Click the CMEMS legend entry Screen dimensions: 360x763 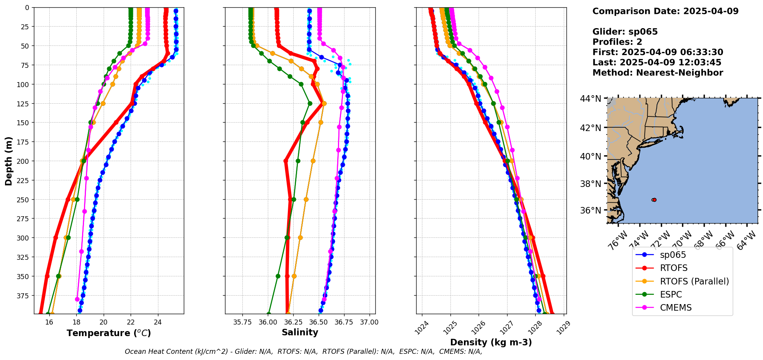tap(676, 308)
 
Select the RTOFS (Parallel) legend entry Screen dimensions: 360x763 tap(694, 281)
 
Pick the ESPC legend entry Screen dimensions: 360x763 tap(671, 294)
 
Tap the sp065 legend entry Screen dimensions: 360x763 tap(673, 255)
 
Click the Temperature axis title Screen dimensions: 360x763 tap(109, 333)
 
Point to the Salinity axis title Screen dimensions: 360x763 tap(300, 332)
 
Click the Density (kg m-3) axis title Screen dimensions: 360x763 tap(491, 342)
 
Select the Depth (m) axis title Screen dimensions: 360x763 tap(8, 161)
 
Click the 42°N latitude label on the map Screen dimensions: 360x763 tap(590, 128)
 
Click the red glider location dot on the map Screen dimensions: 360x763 tap(654, 200)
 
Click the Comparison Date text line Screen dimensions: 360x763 tap(666, 11)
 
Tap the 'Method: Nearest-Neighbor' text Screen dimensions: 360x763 tap(658, 73)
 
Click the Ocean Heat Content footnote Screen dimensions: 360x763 tap(304, 352)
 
